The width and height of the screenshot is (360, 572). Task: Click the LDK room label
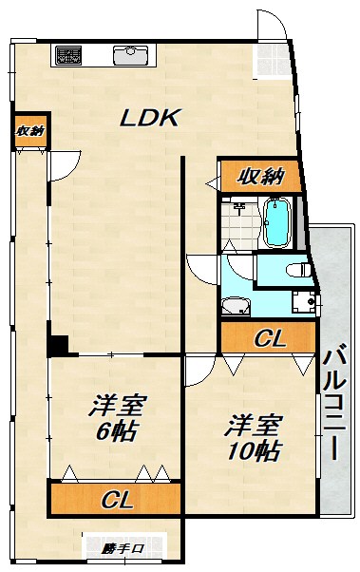pos(150,118)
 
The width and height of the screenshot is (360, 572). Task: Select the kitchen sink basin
pos(128,55)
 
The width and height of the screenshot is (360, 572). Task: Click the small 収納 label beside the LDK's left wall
pos(28,131)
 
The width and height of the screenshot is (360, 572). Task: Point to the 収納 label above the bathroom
pos(260,175)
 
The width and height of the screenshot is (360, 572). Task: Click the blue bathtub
pos(277,222)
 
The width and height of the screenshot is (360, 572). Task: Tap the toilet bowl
pos(295,270)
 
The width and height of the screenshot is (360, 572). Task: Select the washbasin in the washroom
pos(234,306)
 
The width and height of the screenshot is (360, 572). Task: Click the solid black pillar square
pos(58,346)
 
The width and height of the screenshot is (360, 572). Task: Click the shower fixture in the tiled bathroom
pos(239,206)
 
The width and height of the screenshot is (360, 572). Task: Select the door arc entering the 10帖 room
pos(197,374)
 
